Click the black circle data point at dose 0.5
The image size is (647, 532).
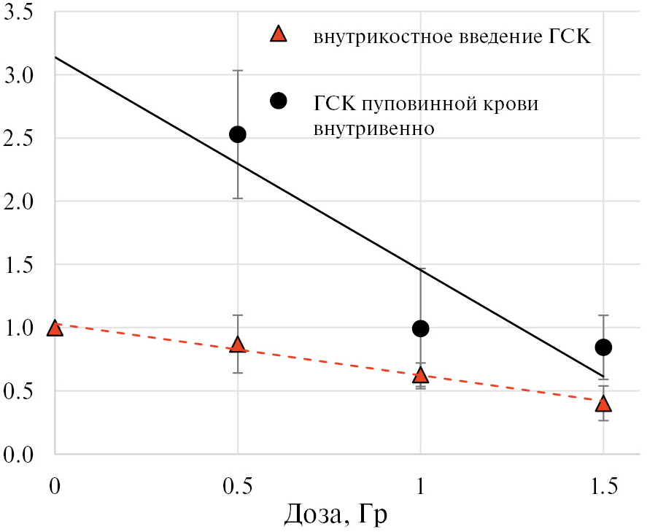coord(238,134)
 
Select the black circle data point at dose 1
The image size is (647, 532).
coord(420,328)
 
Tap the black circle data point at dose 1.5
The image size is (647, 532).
coord(603,347)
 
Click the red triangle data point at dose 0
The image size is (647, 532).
coord(55,328)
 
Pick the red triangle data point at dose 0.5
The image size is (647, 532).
coord(238,345)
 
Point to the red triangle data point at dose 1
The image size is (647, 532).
coord(420,375)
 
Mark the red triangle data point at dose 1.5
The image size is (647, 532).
coord(603,404)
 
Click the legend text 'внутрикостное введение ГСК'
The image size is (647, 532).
coord(452,36)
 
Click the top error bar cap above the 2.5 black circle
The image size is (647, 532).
coord(238,71)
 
